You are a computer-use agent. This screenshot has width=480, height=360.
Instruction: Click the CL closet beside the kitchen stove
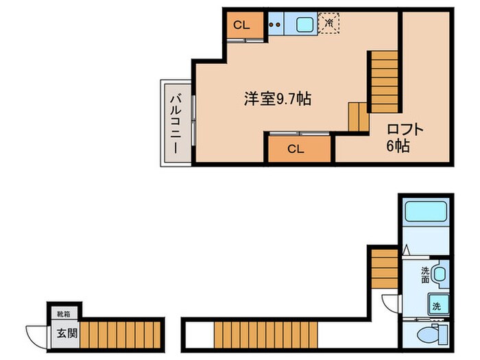[x=241, y=25]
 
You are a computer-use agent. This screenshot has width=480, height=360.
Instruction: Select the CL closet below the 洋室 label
[x=296, y=148]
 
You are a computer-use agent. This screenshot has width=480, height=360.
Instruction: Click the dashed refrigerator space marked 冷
[x=329, y=23]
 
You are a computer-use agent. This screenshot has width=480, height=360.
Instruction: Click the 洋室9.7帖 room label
[x=278, y=99]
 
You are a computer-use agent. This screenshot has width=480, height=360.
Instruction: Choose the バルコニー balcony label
[x=175, y=123]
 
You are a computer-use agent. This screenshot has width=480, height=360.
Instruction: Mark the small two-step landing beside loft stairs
[x=359, y=117]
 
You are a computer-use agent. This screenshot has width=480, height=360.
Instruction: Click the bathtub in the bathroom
[x=425, y=212]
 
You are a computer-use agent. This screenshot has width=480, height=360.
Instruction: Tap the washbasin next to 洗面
[x=441, y=274]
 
